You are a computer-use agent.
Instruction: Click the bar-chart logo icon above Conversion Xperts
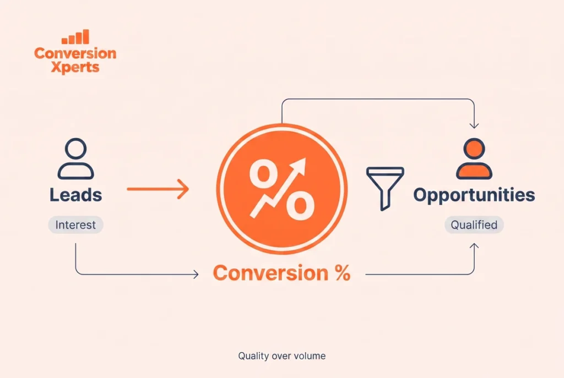click(x=75, y=37)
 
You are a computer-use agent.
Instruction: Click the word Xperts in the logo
click(x=75, y=67)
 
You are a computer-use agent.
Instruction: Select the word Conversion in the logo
click(x=75, y=53)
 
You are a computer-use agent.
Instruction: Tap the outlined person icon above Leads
click(x=76, y=158)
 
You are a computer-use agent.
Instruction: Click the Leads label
click(x=75, y=195)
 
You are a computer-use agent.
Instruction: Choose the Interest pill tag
click(x=76, y=225)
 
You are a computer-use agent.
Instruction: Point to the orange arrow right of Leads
click(x=158, y=189)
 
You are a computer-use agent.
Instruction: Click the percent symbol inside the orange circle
click(x=282, y=189)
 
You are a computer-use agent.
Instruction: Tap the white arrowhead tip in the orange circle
click(x=305, y=158)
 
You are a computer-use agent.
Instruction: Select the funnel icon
click(x=385, y=188)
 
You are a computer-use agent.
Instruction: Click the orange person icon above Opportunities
click(x=474, y=158)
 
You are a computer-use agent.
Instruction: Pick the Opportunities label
click(x=474, y=195)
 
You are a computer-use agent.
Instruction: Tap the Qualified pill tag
click(x=474, y=225)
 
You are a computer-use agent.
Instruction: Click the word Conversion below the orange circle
click(x=270, y=273)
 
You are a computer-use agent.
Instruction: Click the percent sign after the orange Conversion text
click(x=343, y=273)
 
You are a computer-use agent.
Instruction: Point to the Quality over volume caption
click(x=282, y=356)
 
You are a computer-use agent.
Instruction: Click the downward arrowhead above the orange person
click(x=474, y=126)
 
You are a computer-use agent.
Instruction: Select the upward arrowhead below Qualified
click(x=474, y=246)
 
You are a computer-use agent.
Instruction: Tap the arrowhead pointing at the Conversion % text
click(x=196, y=275)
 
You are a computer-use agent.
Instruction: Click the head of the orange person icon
click(x=474, y=149)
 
